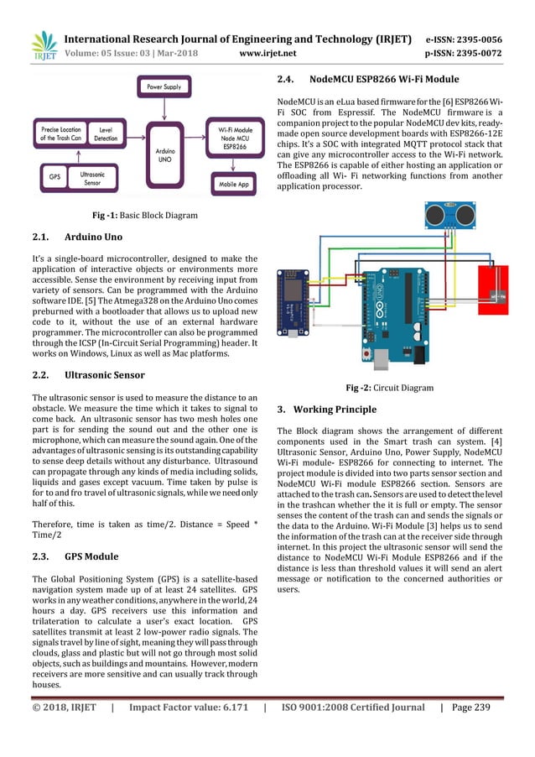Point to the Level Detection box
[x=106, y=134]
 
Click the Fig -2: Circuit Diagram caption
[x=390, y=389]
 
